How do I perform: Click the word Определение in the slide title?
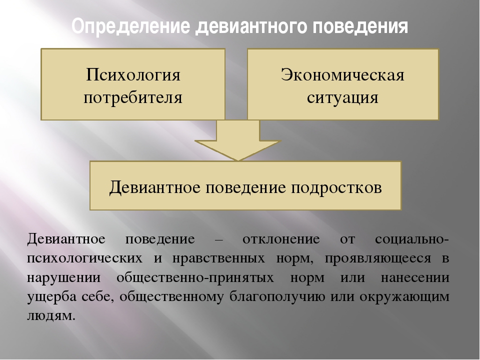point(130,27)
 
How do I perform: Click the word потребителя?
point(133,98)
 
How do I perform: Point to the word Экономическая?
point(343,74)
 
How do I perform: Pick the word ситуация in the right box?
point(343,98)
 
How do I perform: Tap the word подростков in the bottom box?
point(336,187)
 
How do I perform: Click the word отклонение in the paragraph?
point(281,239)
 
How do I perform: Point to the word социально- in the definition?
point(412,239)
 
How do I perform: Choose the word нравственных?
point(218,258)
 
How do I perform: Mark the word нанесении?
point(415,278)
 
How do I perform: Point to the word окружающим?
point(404,297)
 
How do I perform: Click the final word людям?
point(51,316)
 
